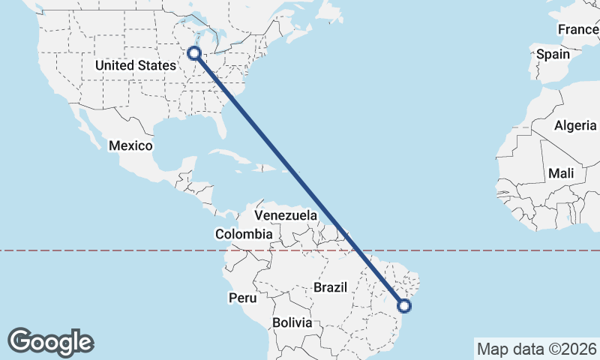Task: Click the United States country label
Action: tap(136, 65)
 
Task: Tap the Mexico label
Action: tap(130, 145)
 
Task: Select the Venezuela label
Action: tap(286, 216)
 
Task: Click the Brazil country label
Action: tap(330, 287)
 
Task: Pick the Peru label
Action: tap(242, 298)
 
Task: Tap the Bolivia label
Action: tap(292, 322)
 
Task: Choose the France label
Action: tap(577, 29)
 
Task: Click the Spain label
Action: tap(553, 54)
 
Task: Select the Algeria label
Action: tap(575, 125)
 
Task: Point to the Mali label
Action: tap(561, 173)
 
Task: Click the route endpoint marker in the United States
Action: tap(194, 53)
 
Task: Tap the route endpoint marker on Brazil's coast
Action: tap(405, 305)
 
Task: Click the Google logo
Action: tap(50, 341)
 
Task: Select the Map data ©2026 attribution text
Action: tap(536, 349)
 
